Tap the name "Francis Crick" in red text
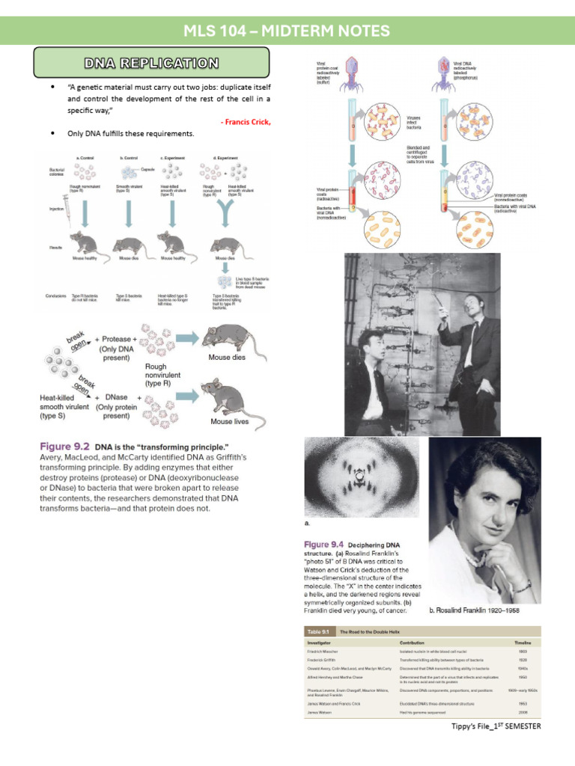(x=245, y=121)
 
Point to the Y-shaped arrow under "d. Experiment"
(x=225, y=218)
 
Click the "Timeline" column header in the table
(x=522, y=643)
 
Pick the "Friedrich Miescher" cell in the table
(x=327, y=653)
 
